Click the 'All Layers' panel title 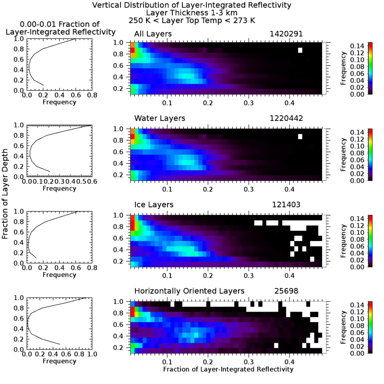[x=153, y=34]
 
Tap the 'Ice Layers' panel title [x=154, y=204]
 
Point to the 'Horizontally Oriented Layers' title [x=189, y=291]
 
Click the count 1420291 [x=285, y=34]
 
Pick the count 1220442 [x=285, y=118]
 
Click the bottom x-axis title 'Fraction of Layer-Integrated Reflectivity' [x=228, y=370]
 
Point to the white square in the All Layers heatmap [x=300, y=50]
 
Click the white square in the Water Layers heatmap [x=300, y=137]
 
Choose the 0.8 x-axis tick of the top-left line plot [x=92, y=96]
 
